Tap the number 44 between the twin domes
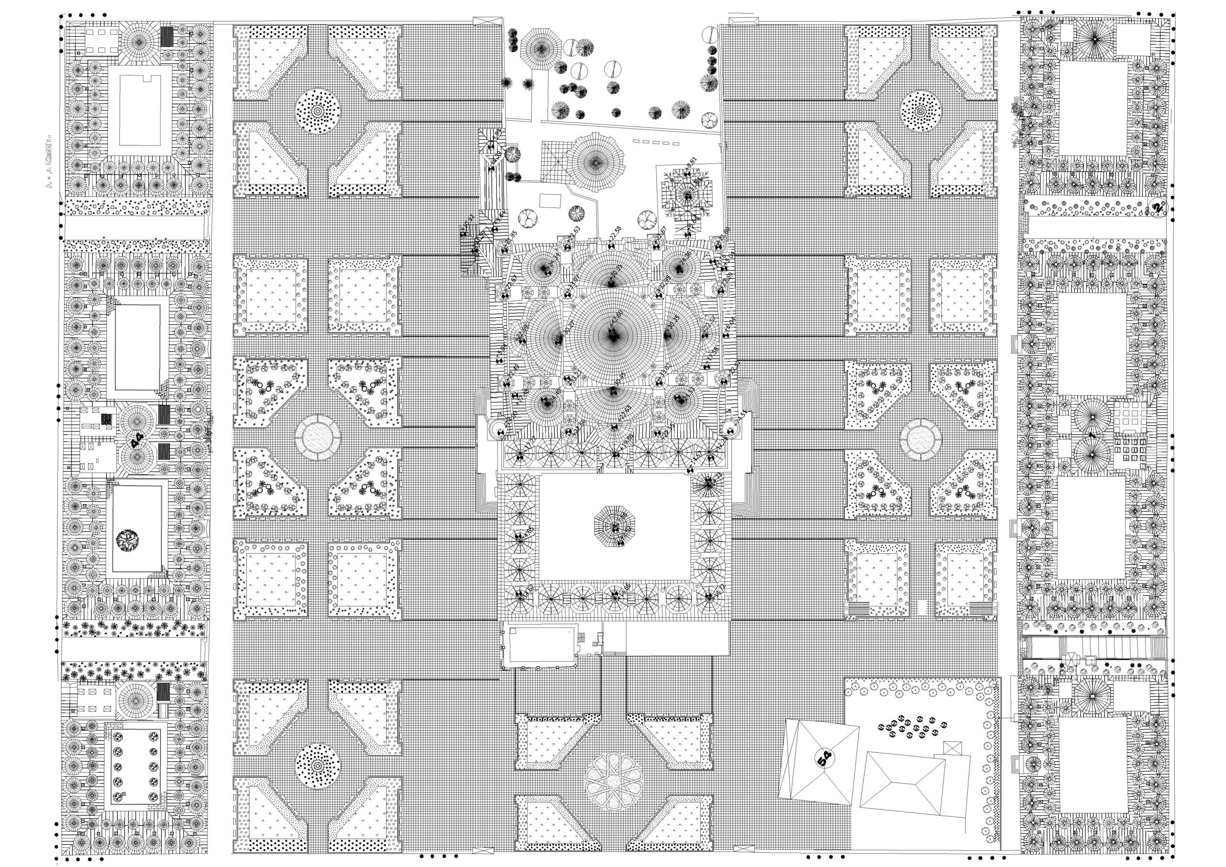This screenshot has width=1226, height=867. [x=137, y=440]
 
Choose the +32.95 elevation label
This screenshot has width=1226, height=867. [x=664, y=282]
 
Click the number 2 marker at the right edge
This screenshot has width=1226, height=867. [x=1157, y=207]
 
